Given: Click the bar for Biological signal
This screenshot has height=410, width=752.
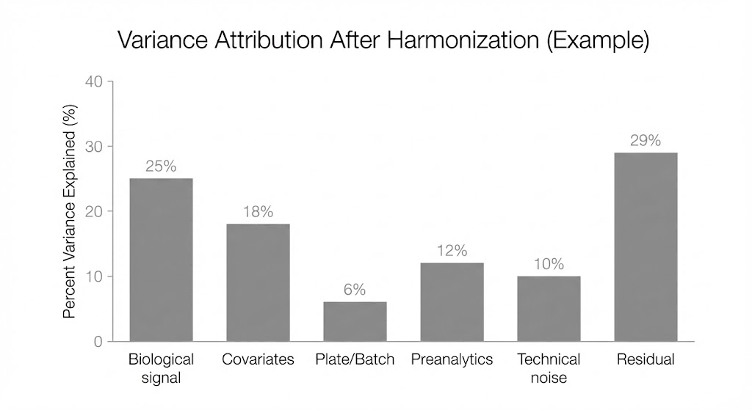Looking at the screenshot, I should coord(161,260).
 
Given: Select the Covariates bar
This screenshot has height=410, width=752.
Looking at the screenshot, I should coord(258,282).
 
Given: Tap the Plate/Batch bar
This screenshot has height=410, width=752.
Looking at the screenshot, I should coord(355,321).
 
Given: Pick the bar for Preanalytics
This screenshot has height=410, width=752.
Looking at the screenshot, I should coord(452,301).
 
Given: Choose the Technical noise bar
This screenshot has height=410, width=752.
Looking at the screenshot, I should coord(549,308).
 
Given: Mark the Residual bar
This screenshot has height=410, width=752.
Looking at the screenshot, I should coord(646,246).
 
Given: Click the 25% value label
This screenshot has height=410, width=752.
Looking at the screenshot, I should coord(161,166).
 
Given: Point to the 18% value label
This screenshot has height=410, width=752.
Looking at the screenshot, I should coord(258,212).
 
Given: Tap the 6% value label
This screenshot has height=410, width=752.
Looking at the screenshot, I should coord(355,290).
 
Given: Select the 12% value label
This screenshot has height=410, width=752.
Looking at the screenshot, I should coord(452,251).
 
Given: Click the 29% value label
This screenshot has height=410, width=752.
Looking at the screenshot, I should coord(646,140).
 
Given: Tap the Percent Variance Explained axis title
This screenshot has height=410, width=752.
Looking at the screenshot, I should coord(70,211).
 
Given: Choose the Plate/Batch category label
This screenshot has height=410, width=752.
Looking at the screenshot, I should coord(355,359).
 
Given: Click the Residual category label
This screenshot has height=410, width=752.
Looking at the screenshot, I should coord(646,359).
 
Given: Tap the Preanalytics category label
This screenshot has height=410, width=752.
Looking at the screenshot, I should coord(452,359).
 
